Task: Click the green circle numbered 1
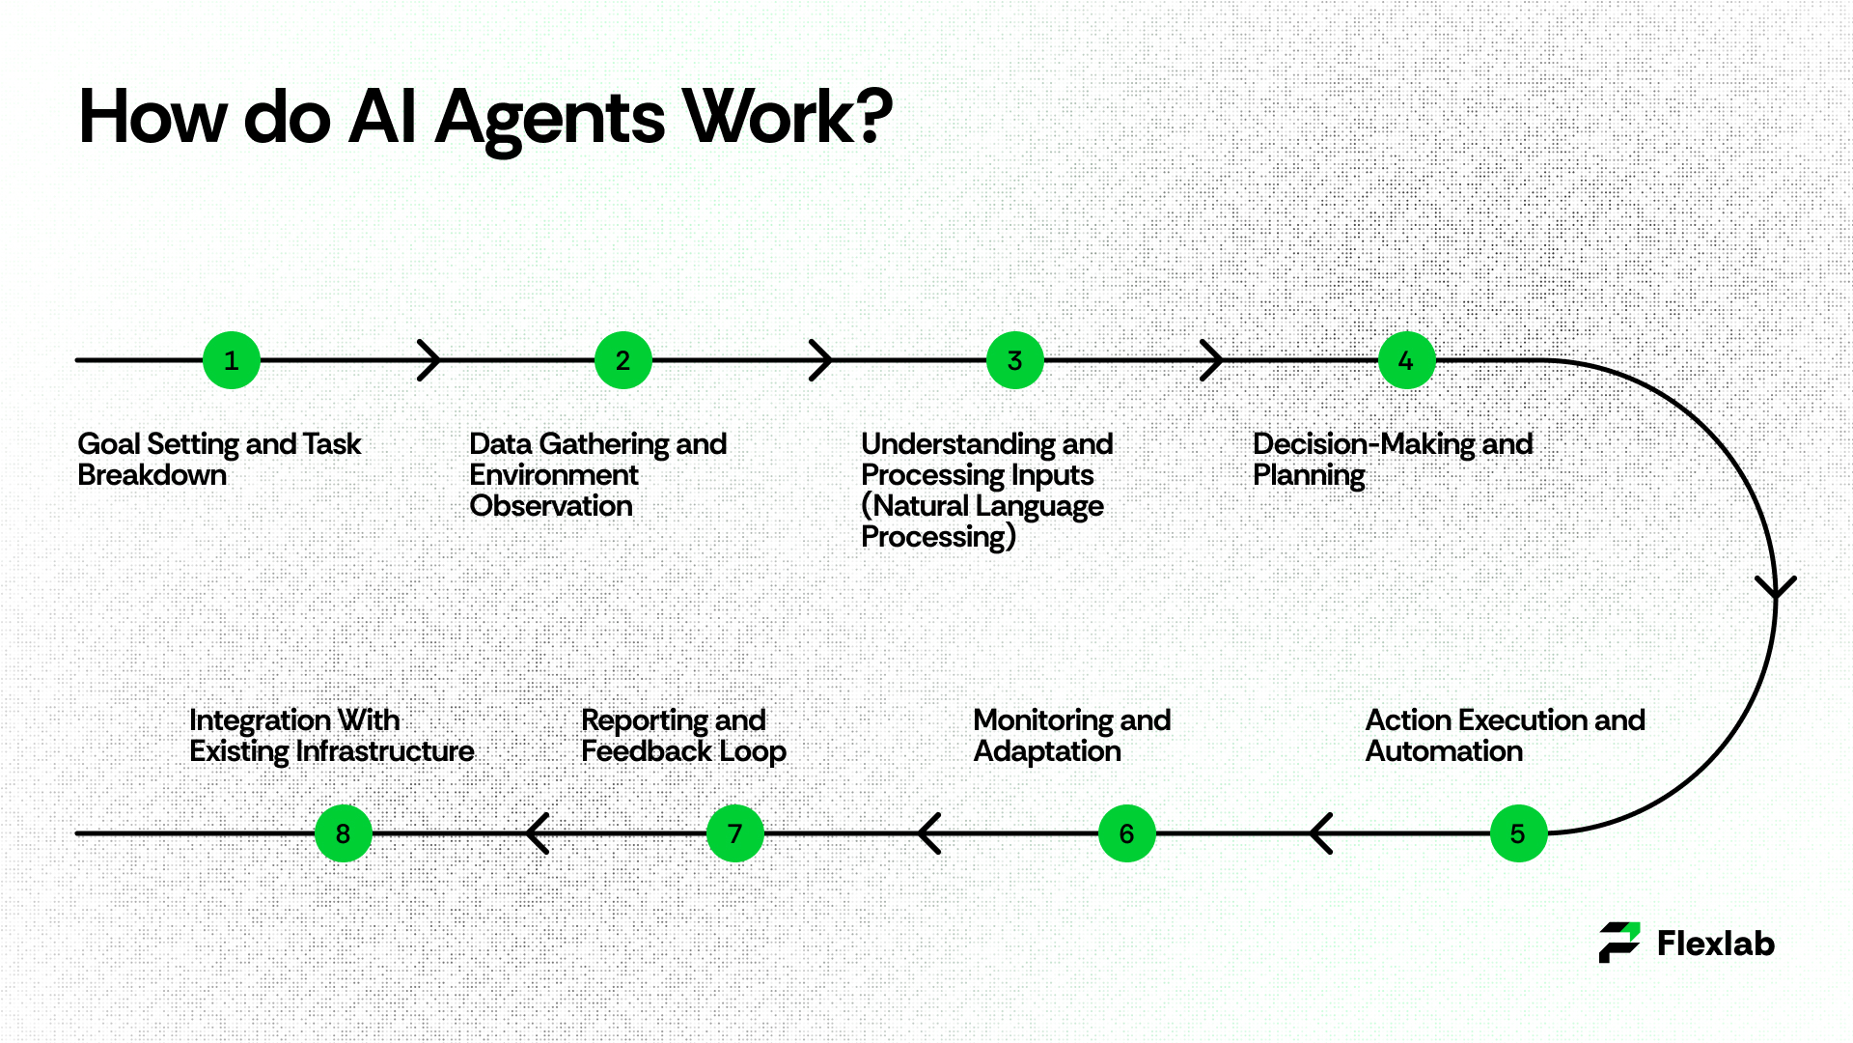click(x=232, y=360)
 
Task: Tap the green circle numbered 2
click(x=623, y=360)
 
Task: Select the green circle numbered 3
click(x=1015, y=360)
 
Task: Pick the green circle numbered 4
click(x=1407, y=360)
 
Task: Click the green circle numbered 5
click(x=1518, y=833)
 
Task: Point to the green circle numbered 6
click(x=1126, y=833)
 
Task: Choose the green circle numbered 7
click(x=735, y=833)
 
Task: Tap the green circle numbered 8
click(x=344, y=833)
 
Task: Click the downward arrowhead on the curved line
click(x=1776, y=587)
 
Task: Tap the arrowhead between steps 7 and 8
click(x=538, y=833)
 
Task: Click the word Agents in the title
click(x=550, y=119)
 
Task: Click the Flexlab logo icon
click(x=1619, y=943)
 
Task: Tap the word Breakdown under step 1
click(x=152, y=475)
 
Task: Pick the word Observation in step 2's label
click(x=551, y=506)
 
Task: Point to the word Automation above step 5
click(x=1444, y=751)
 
